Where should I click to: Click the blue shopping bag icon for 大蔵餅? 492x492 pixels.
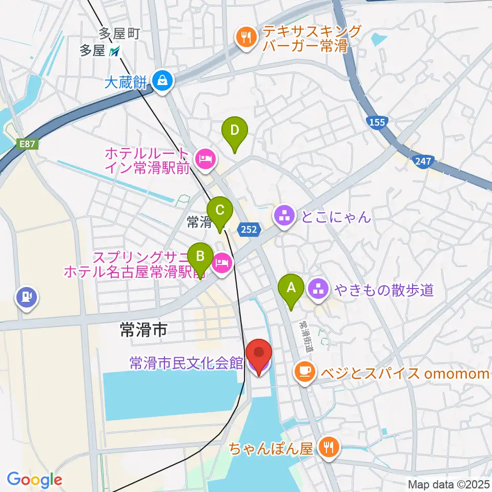162,80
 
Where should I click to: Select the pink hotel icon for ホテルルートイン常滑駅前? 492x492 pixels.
204,158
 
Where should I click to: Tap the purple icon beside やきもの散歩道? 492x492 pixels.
319,290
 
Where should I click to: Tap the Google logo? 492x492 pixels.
34,479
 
